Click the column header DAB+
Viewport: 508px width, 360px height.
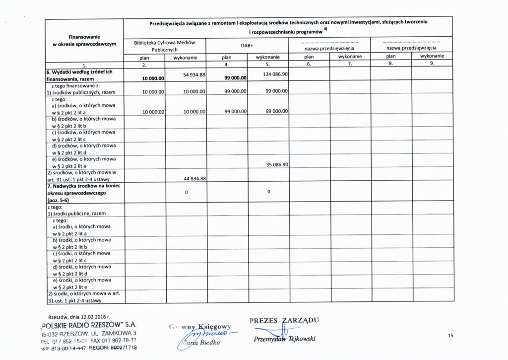247,45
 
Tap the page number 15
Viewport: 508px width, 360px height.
450,336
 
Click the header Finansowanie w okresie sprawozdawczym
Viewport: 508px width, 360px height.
84,40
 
